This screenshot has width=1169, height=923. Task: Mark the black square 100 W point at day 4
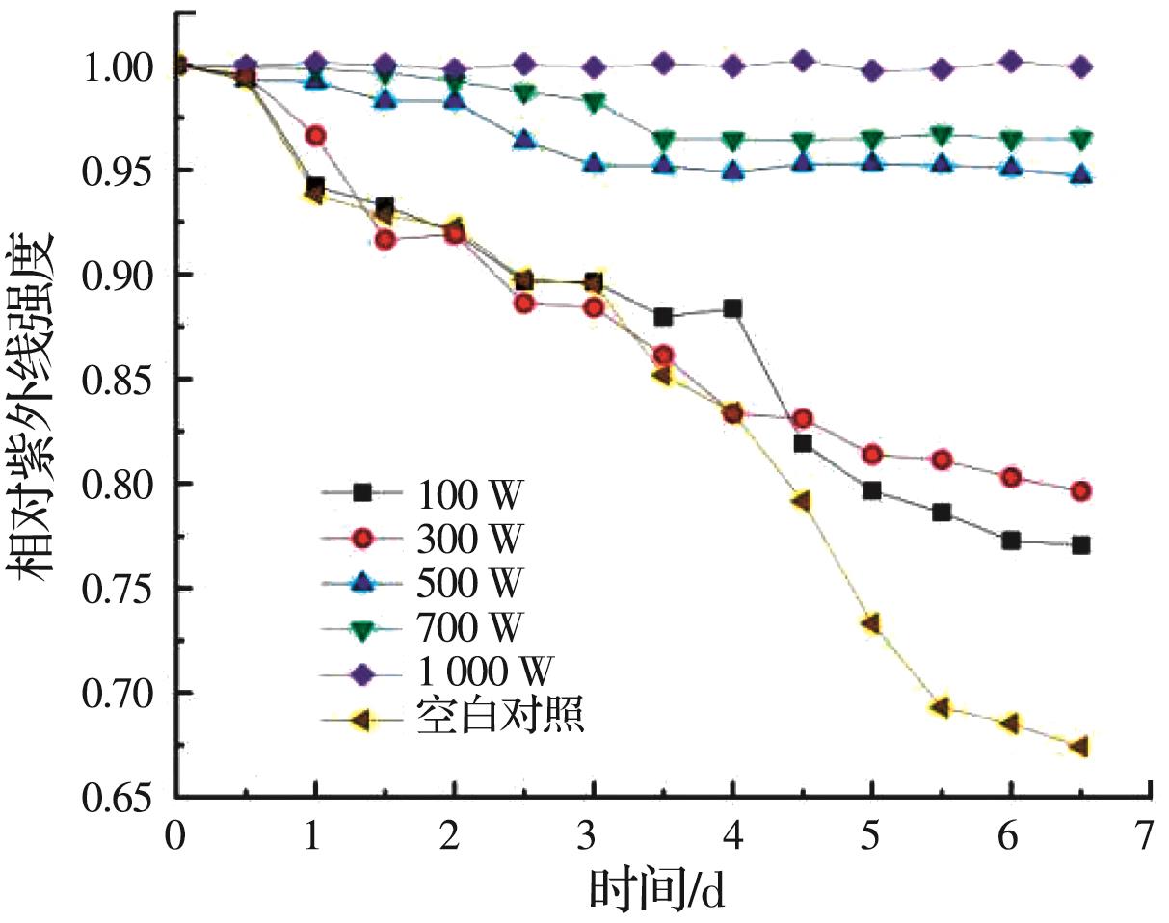tap(732, 308)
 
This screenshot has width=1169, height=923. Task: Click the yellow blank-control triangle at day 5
tap(871, 623)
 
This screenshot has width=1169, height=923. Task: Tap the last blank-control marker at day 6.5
tap(1079, 747)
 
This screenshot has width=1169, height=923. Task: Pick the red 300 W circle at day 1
tap(316, 136)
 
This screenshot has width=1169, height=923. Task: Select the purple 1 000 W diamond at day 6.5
tap(1081, 66)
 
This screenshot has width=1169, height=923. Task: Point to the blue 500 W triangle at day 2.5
tap(524, 141)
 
